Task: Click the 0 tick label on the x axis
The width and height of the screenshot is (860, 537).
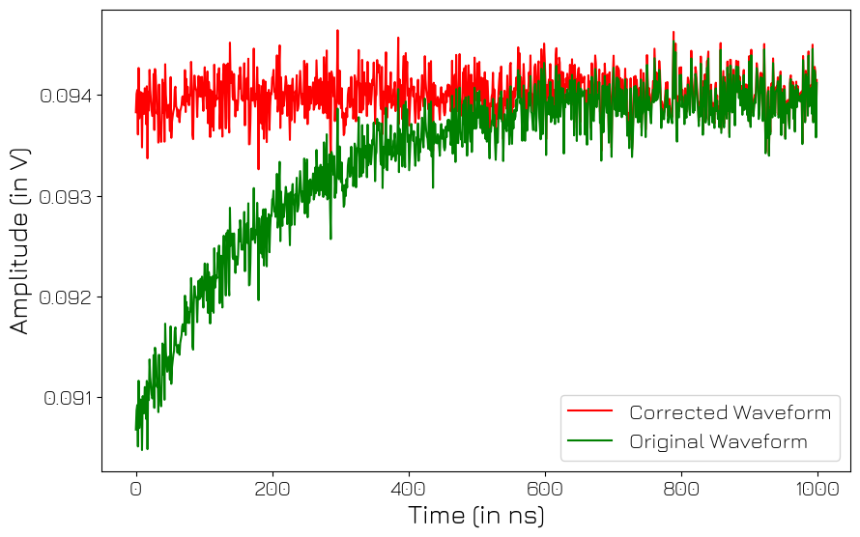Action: (136, 489)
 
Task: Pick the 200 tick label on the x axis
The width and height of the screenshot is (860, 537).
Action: (272, 489)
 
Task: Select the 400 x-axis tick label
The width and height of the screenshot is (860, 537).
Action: (409, 489)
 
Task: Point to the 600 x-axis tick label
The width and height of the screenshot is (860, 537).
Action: (545, 489)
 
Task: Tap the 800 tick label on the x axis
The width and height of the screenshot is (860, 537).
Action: (681, 489)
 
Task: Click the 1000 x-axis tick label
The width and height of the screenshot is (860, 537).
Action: (817, 489)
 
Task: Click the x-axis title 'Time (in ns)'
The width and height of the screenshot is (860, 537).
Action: (476, 516)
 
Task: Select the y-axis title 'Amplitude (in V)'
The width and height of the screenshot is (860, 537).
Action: (20, 241)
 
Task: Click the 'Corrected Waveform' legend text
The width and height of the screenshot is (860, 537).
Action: (730, 413)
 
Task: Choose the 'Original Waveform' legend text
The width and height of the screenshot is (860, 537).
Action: (718, 442)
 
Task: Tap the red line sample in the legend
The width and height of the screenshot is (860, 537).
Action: (589, 411)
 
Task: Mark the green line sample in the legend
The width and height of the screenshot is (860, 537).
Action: (589, 440)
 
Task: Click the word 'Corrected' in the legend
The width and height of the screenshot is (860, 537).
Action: (676, 413)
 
